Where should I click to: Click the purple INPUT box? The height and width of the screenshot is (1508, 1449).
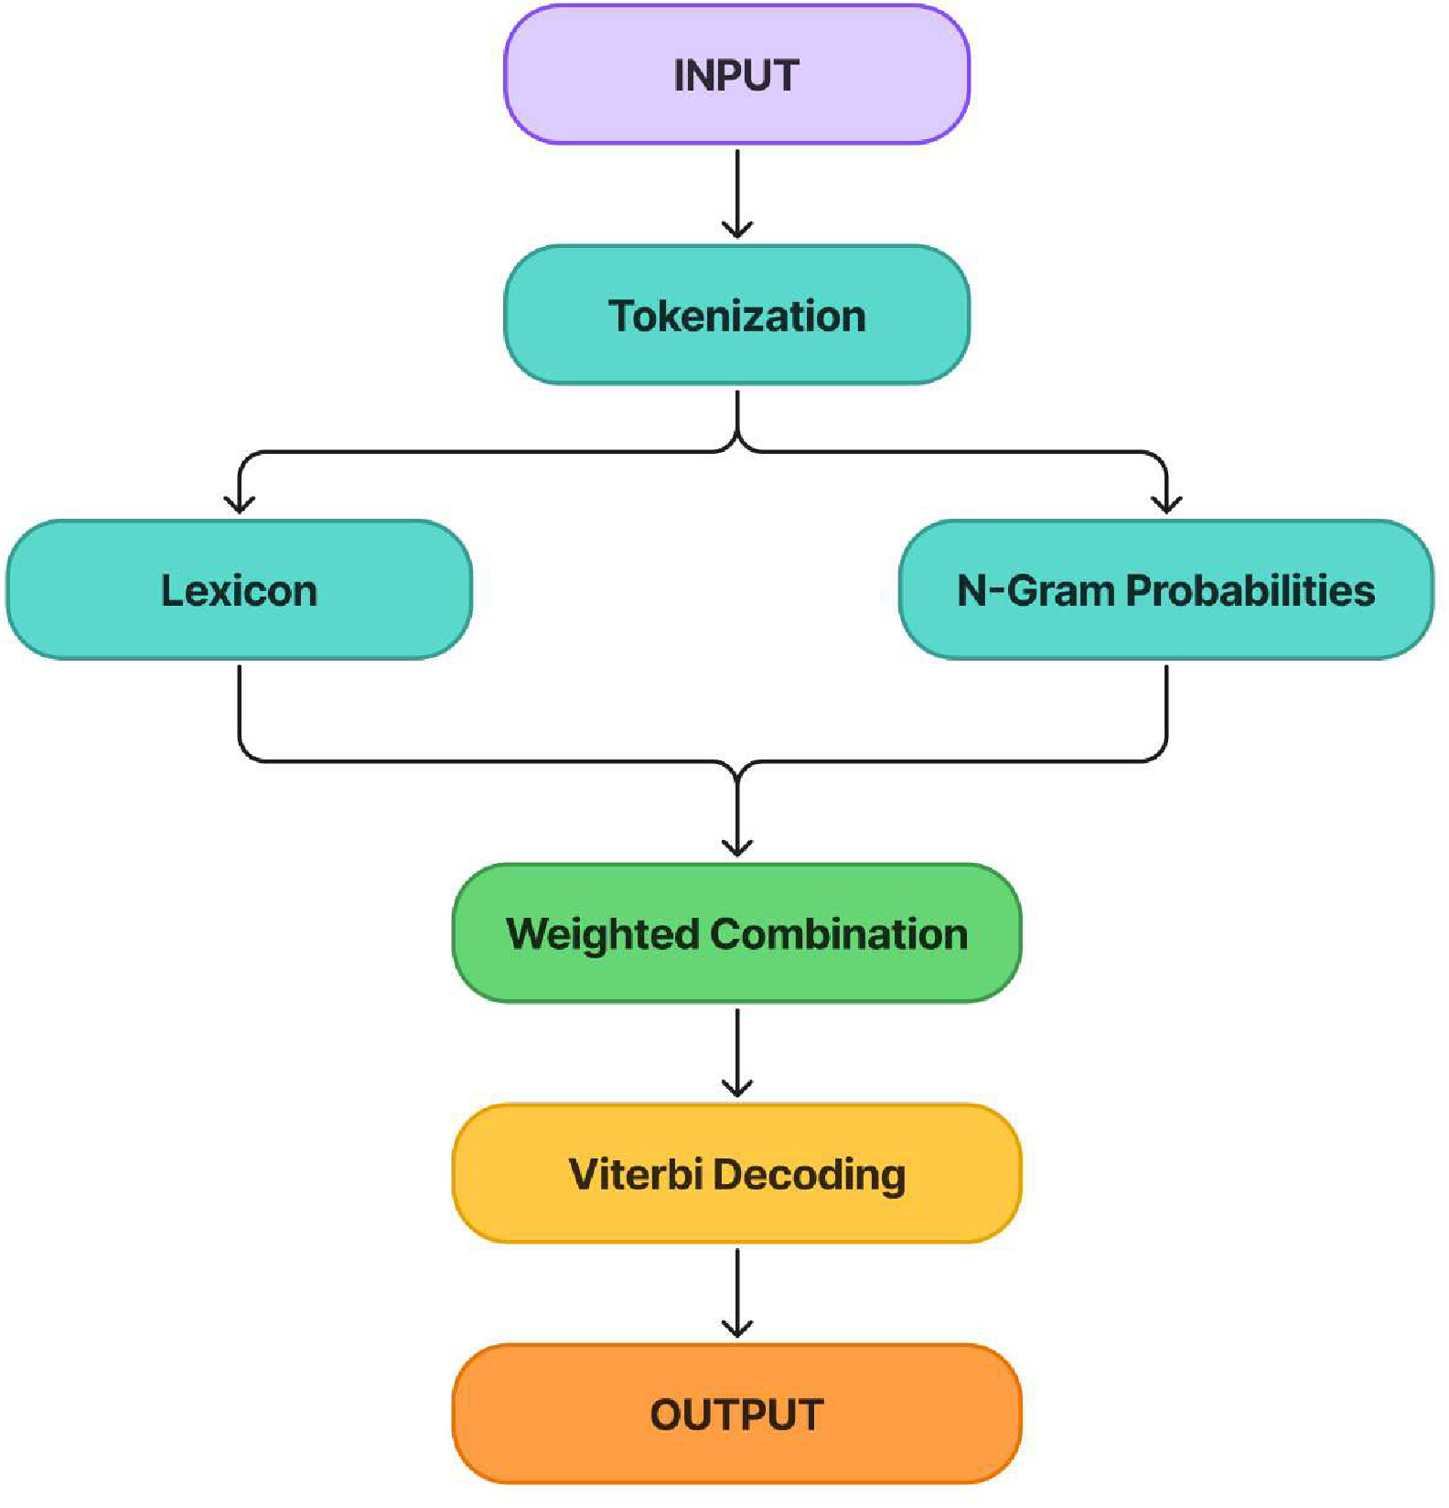point(736,74)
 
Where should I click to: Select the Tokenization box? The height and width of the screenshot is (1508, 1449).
point(736,315)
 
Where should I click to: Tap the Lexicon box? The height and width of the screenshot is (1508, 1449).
point(239,589)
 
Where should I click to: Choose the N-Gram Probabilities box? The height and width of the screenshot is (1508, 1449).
point(1166,589)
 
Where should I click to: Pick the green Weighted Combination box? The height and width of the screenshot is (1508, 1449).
point(736,933)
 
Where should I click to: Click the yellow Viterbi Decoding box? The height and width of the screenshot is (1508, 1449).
point(736,1173)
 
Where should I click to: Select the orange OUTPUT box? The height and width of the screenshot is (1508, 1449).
point(736,1414)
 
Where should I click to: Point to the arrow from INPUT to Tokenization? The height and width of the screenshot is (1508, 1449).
point(737,193)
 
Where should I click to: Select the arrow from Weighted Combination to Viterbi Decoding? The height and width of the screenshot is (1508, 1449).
point(737,1052)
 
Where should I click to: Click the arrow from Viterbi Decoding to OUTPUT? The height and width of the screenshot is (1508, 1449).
point(737,1293)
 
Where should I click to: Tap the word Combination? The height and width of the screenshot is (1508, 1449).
point(839,933)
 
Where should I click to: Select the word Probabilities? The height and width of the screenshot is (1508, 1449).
point(1250,589)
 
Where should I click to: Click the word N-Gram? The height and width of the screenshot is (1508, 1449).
point(1037,589)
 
